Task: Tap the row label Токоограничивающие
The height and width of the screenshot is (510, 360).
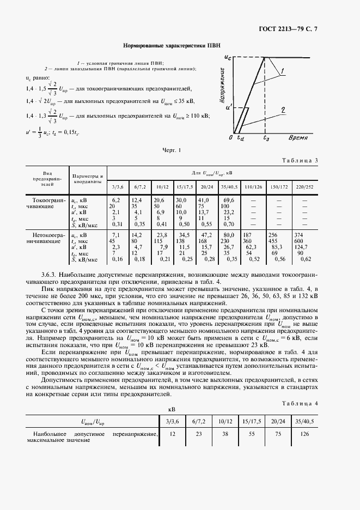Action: [47, 204]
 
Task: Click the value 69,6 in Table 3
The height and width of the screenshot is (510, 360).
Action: [228, 201]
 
